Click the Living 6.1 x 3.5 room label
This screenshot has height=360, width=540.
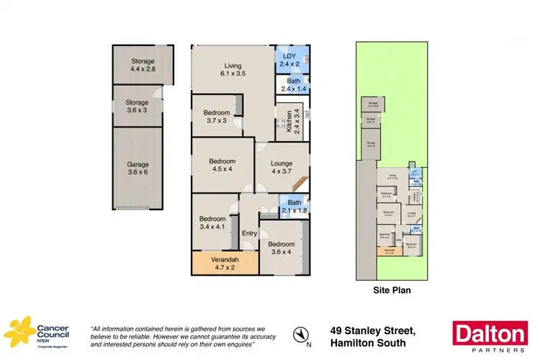coord(233,68)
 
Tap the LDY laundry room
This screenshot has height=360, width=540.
coord(293,60)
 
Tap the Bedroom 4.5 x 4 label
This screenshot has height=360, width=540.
coord(222,165)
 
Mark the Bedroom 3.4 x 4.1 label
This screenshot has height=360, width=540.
coord(214,222)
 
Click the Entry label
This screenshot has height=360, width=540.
coord(250,233)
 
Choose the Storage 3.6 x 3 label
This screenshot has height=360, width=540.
coord(136,107)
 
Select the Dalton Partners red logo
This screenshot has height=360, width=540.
coord(488,335)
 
